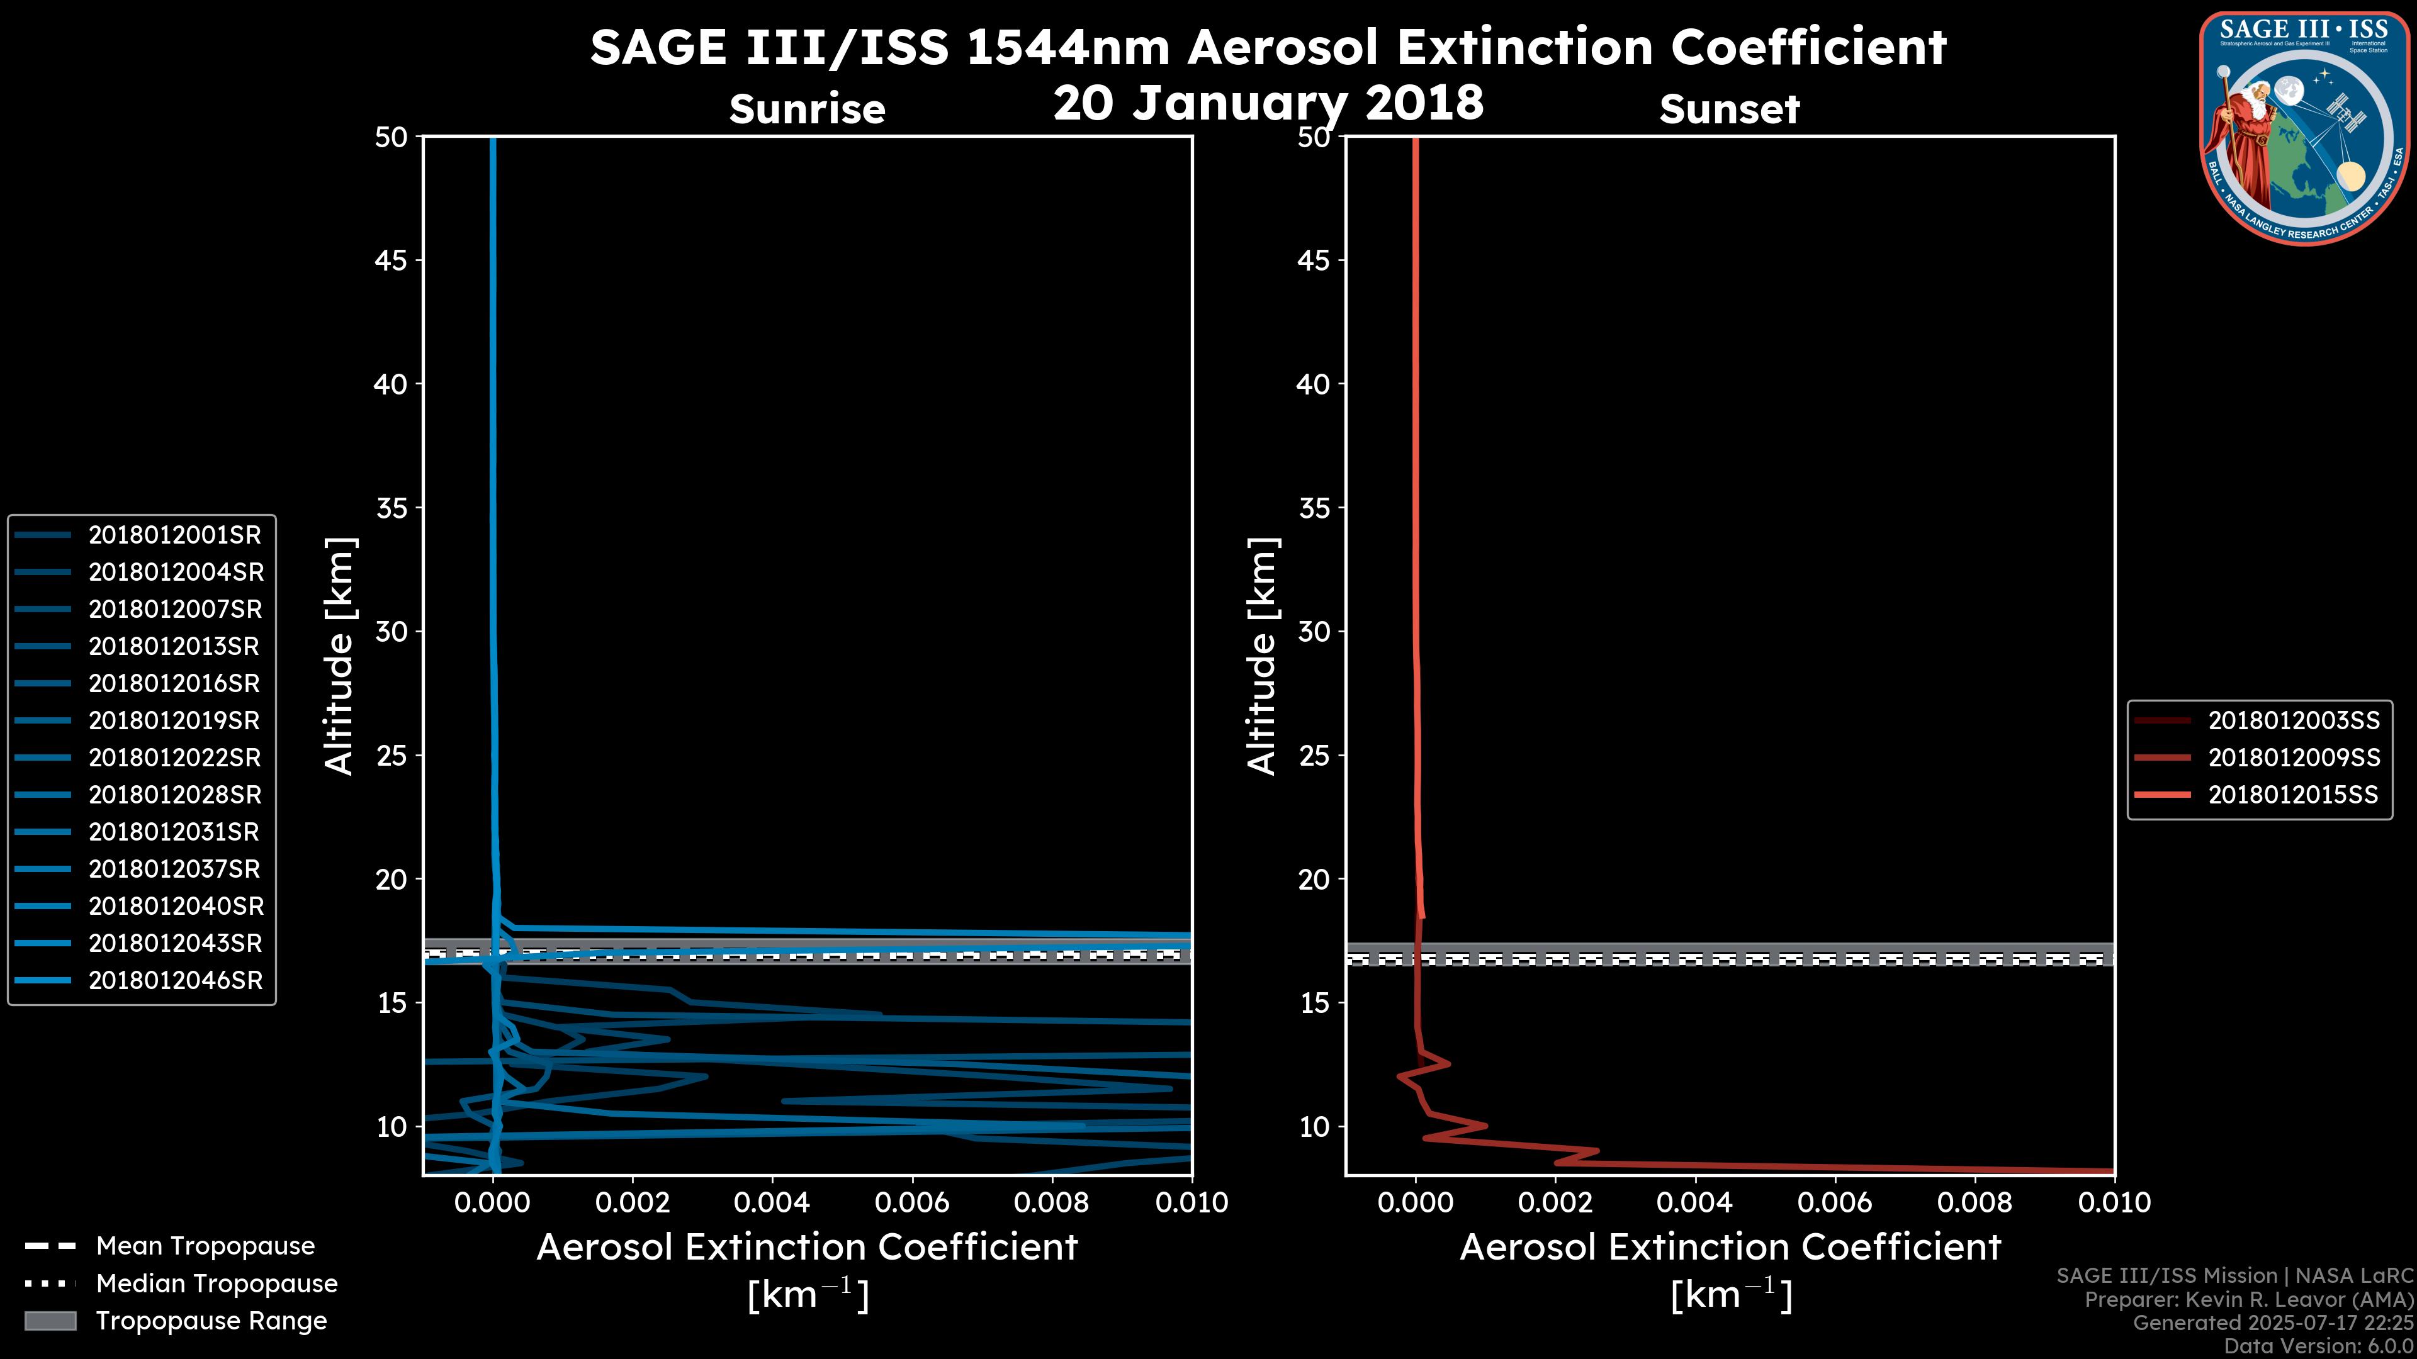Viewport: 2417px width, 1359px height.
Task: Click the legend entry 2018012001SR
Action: [174, 535]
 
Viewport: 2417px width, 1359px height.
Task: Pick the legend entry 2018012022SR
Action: [174, 758]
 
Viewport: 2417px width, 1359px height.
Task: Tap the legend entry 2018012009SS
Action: [2293, 758]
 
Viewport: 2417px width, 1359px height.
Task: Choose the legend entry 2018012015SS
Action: [2292, 795]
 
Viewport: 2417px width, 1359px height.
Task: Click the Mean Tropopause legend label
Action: [205, 1246]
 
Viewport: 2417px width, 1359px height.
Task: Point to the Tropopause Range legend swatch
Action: [50, 1321]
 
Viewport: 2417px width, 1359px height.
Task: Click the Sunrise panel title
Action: [807, 109]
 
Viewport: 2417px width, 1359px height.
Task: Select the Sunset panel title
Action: [1729, 109]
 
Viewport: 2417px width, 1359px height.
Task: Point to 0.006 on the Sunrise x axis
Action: [912, 1202]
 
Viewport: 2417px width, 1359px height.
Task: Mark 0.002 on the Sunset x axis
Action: [1555, 1202]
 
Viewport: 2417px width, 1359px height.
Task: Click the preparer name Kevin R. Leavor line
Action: [2248, 1300]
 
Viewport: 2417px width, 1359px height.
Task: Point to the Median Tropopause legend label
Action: [217, 1283]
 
